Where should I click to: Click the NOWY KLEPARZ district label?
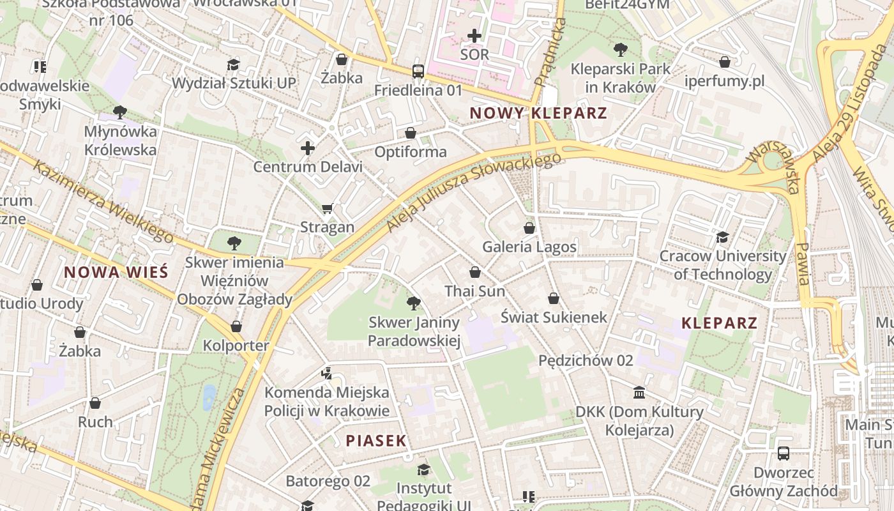tap(538, 113)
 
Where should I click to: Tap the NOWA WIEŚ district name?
tap(116, 271)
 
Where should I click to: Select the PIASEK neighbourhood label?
tap(376, 440)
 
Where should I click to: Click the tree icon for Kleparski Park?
tap(619, 49)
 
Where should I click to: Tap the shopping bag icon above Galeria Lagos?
tap(529, 227)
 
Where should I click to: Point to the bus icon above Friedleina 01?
tap(418, 71)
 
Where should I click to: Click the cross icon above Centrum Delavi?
tap(308, 148)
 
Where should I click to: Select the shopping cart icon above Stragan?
tap(328, 208)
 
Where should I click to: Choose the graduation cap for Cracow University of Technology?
tap(722, 237)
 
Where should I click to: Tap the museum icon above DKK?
tap(639, 392)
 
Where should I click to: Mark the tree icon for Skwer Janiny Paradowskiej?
tap(414, 303)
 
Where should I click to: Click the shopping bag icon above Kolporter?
tap(236, 326)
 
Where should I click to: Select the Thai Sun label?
tap(474, 291)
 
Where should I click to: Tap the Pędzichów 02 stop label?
tap(586, 360)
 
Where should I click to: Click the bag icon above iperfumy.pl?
tap(724, 62)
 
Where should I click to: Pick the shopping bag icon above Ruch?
tap(95, 403)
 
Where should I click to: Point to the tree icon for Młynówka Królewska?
tap(119, 112)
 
